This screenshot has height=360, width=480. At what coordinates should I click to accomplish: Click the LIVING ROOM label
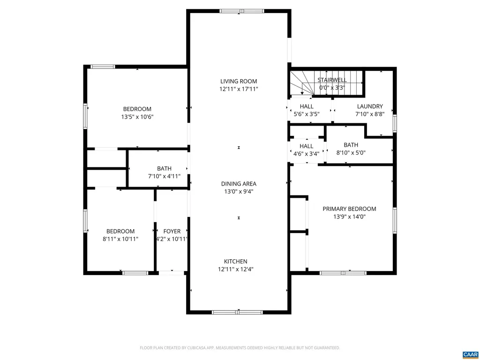tap(239, 81)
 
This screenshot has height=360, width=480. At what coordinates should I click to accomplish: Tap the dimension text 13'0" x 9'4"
tap(239, 191)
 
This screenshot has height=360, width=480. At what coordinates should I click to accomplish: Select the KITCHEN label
tap(239, 262)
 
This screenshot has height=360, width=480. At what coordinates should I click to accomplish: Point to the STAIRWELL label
tap(332, 80)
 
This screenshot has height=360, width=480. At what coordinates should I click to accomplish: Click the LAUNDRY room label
tap(370, 106)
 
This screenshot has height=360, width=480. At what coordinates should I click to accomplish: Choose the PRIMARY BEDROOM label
tap(349, 209)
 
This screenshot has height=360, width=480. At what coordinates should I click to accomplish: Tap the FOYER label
tap(172, 231)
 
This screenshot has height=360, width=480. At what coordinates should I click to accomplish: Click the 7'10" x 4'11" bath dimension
tap(164, 176)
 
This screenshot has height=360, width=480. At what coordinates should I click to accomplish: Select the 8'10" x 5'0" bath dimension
tap(351, 152)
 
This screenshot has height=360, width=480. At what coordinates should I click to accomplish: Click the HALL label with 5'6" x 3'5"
tap(307, 106)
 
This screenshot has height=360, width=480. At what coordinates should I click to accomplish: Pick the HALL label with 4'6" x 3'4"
tap(306, 146)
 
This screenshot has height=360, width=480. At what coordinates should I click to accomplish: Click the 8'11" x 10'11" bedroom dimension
tap(120, 239)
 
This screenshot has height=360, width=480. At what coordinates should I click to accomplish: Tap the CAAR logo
tap(469, 353)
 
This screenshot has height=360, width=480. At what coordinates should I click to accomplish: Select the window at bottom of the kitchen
tap(239, 312)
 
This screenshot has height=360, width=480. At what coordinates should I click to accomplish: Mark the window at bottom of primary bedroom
tap(343, 272)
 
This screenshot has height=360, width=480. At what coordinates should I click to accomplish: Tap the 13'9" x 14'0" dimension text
tap(349, 217)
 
